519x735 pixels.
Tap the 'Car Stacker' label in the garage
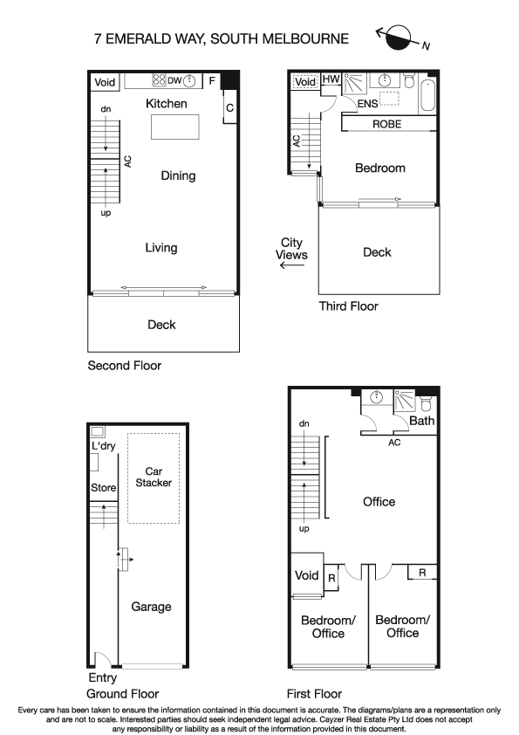point(154,477)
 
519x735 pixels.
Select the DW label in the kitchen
point(174,81)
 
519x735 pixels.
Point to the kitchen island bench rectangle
point(175,127)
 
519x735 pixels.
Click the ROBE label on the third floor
point(387,124)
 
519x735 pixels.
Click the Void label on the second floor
point(105,82)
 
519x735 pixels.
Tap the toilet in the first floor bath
point(426,402)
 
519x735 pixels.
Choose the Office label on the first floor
point(379,502)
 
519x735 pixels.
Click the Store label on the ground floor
point(103,487)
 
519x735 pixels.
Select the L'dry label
point(103,447)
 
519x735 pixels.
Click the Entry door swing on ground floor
point(101,659)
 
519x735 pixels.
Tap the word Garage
point(151,607)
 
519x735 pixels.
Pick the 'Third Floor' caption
point(349,306)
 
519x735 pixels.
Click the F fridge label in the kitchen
point(211,81)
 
